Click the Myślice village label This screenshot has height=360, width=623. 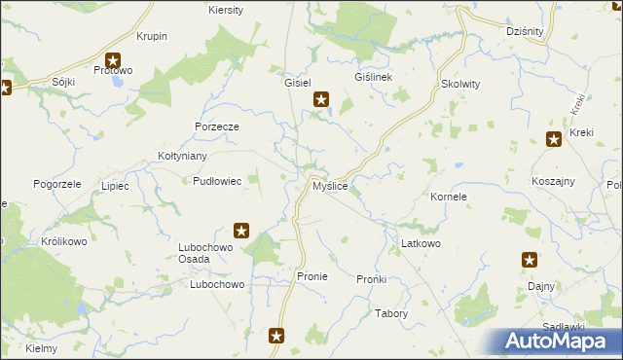click(x=330, y=186)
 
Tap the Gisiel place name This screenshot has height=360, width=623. click(x=297, y=83)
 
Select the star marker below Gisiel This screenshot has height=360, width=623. click(x=321, y=98)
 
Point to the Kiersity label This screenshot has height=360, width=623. click(x=226, y=10)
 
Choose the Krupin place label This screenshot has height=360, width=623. click(x=153, y=36)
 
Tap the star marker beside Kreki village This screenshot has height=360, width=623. click(x=555, y=139)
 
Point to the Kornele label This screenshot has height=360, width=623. click(x=449, y=197)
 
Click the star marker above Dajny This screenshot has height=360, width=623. click(x=530, y=260)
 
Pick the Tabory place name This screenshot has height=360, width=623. click(x=391, y=313)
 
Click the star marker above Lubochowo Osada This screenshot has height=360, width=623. click(x=242, y=231)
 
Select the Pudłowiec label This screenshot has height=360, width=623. click(x=217, y=180)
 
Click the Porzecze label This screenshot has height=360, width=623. click(x=216, y=126)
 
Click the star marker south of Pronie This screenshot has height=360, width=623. click(x=277, y=337)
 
